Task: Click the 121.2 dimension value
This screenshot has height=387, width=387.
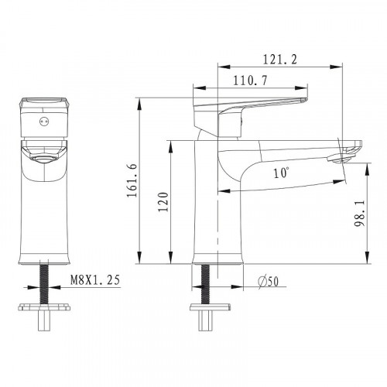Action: [x=280, y=60]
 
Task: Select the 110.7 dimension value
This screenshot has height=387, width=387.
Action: [x=251, y=80]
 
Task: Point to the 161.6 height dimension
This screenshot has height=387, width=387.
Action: [x=132, y=180]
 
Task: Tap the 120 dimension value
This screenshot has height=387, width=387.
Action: [x=163, y=202]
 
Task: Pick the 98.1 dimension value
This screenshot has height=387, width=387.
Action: [x=359, y=213]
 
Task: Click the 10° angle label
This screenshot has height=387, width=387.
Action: [x=281, y=173]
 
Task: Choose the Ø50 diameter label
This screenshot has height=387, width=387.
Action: [x=269, y=282]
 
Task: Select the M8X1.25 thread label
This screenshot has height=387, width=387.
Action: [x=95, y=280]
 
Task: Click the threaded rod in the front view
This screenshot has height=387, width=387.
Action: [x=44, y=284]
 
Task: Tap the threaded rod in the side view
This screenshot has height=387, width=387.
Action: [x=205, y=284]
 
